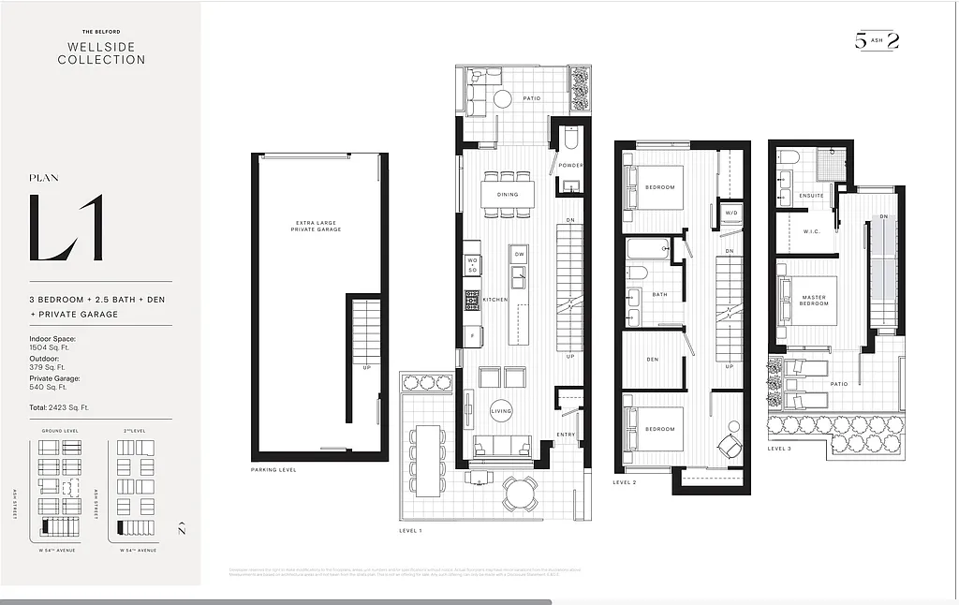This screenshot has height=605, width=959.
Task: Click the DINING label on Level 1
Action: (x=508, y=195)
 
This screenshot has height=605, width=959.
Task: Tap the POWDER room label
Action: (x=570, y=166)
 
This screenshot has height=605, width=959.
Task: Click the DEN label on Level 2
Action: (x=652, y=359)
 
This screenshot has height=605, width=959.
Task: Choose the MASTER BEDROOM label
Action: (x=814, y=301)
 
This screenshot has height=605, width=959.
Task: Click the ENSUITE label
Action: (x=811, y=196)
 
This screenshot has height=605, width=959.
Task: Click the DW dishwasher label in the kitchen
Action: (x=519, y=254)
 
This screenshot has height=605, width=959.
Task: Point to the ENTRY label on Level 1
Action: (x=565, y=434)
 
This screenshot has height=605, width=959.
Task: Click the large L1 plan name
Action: (x=66, y=228)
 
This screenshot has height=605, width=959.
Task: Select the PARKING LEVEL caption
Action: (x=273, y=469)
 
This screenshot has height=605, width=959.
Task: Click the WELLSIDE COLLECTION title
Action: (x=101, y=52)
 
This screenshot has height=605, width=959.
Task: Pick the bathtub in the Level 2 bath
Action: (x=647, y=249)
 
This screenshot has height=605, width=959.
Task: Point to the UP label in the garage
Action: (x=367, y=367)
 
